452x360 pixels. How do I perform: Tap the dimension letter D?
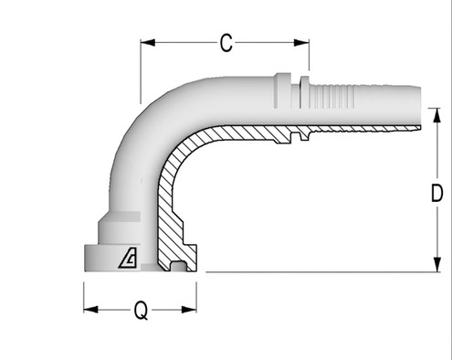437,193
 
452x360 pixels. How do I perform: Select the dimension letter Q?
141,311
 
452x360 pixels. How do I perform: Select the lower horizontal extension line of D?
320,271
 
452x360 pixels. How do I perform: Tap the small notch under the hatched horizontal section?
298,140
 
